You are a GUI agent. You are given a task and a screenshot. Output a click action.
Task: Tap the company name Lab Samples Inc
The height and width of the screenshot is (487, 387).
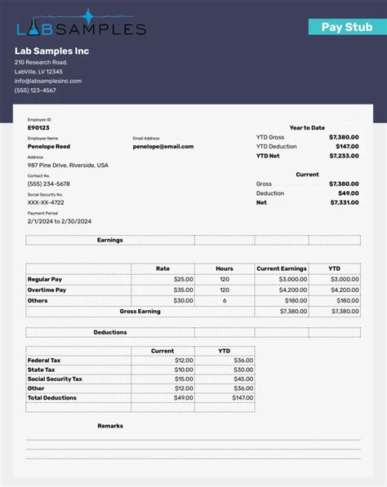point(51,51)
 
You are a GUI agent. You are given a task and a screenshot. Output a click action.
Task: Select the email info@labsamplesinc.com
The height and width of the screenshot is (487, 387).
point(48,81)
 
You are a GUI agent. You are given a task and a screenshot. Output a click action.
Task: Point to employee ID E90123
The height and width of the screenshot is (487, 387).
point(38,127)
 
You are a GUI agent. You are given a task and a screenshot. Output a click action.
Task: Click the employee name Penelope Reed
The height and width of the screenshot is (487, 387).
point(49,146)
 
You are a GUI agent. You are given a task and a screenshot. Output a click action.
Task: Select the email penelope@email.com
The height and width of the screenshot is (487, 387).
point(163,146)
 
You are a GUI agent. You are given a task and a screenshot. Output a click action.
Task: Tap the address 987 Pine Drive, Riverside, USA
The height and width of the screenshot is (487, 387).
point(68,165)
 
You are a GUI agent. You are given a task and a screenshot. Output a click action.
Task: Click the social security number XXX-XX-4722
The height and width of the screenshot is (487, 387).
point(46,202)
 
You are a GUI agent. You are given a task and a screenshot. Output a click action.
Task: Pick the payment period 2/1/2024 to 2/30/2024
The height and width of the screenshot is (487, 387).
point(60,221)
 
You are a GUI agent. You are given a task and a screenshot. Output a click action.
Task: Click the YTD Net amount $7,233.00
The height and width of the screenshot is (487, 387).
point(344,155)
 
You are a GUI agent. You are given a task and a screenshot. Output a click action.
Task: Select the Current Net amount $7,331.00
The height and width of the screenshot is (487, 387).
point(344,202)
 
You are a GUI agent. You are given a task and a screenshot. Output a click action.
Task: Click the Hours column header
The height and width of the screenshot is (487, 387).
point(224,268)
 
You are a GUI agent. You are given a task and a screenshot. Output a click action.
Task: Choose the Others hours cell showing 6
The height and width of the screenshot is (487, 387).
point(225,300)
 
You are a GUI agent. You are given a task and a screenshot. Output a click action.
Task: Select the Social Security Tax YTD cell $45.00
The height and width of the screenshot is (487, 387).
point(243,379)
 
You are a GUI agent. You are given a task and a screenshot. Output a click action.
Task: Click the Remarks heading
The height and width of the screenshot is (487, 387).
point(110,425)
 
